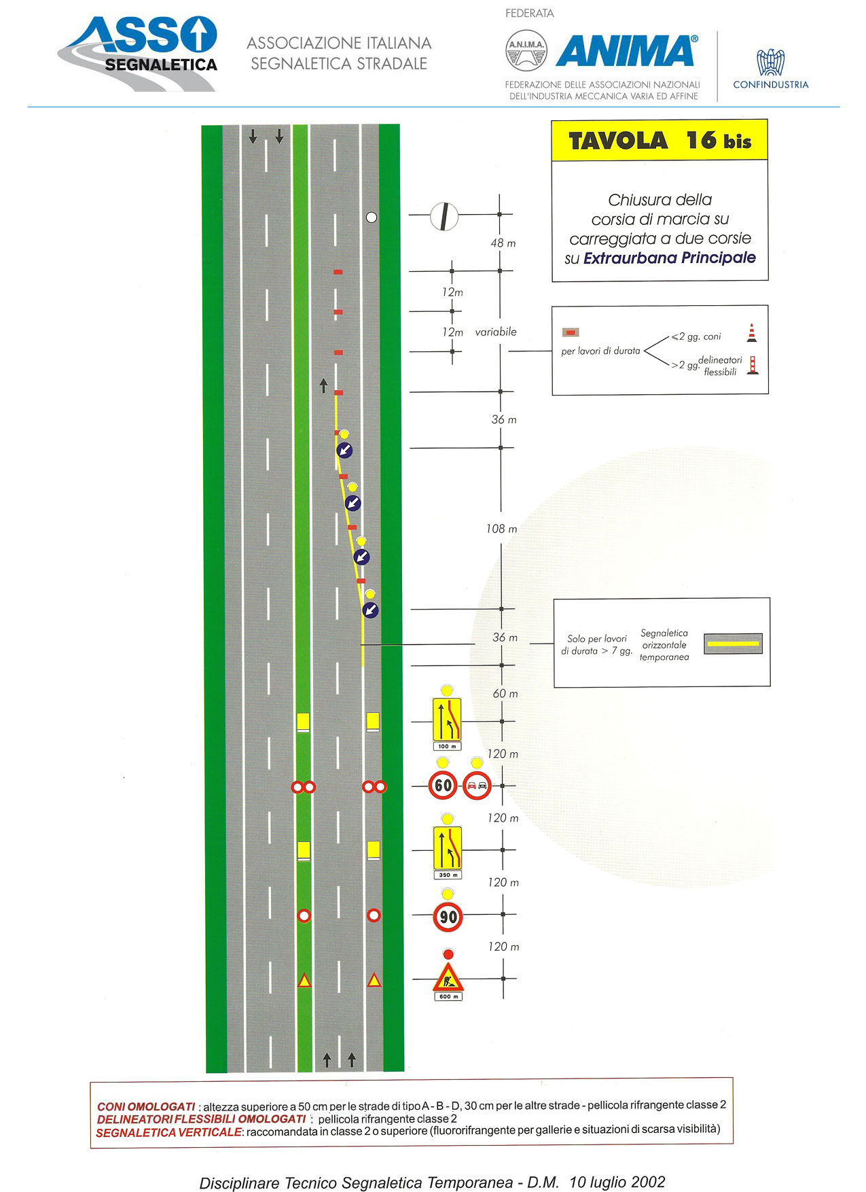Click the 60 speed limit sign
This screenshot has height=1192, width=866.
pyautogui.click(x=443, y=786)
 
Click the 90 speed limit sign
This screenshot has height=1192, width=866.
pyautogui.click(x=448, y=917)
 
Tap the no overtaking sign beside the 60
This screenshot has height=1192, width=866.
pyautogui.click(x=477, y=786)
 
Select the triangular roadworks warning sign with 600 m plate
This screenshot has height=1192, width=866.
pyautogui.click(x=448, y=978)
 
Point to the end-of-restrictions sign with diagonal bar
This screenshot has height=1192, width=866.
pyautogui.click(x=444, y=216)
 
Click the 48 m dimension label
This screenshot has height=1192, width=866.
pyautogui.click(x=503, y=243)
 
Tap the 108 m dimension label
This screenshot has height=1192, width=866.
pyautogui.click(x=501, y=529)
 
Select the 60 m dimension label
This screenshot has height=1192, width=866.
pyautogui.click(x=505, y=694)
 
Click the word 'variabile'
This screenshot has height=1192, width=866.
pyautogui.click(x=496, y=332)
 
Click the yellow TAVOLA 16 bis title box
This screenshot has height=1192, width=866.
pyautogui.click(x=660, y=141)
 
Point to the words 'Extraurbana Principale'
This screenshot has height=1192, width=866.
pyautogui.click(x=670, y=258)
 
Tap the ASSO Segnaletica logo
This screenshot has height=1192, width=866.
pyautogui.click(x=139, y=54)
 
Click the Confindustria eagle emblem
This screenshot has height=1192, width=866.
pyautogui.click(x=770, y=62)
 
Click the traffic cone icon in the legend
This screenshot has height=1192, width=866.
pyautogui.click(x=751, y=332)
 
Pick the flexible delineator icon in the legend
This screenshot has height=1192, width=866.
pyautogui.click(x=753, y=366)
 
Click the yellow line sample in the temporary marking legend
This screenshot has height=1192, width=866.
pyautogui.click(x=733, y=643)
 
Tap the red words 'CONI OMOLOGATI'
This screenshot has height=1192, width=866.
pyautogui.click(x=146, y=1106)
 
